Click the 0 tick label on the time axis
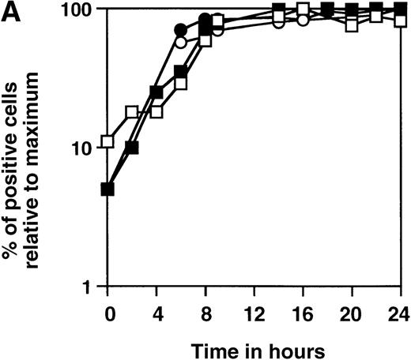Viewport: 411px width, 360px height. (108, 309)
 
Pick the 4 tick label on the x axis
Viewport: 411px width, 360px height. (156, 309)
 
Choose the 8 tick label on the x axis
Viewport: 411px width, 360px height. (204, 309)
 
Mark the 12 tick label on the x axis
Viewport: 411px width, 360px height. (251, 309)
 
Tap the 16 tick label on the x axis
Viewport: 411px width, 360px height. (300, 309)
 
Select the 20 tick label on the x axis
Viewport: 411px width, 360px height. (349, 309)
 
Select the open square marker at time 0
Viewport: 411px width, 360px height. (108, 143)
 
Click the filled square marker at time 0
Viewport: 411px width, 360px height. (108, 189)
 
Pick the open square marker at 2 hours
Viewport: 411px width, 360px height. (132, 113)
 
